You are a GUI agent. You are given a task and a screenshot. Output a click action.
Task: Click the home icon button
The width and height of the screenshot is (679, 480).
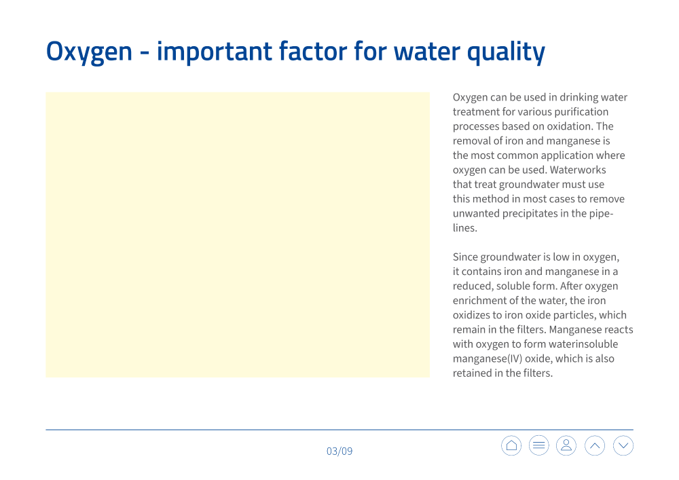pos(511,445)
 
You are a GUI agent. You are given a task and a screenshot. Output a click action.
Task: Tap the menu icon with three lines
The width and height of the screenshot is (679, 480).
pos(538,445)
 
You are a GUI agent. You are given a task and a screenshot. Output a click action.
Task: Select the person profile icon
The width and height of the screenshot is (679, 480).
pos(566,445)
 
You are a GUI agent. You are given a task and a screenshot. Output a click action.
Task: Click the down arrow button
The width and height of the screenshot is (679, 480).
pos(623,445)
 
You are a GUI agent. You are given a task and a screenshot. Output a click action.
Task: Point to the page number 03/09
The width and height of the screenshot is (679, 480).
pos(339,451)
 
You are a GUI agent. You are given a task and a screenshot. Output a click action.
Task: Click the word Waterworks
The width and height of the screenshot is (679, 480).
pos(578,170)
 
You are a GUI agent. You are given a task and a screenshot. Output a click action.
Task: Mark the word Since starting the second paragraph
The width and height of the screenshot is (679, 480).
pos(465,257)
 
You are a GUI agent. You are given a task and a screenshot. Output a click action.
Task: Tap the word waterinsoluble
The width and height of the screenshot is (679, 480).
pos(582,344)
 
